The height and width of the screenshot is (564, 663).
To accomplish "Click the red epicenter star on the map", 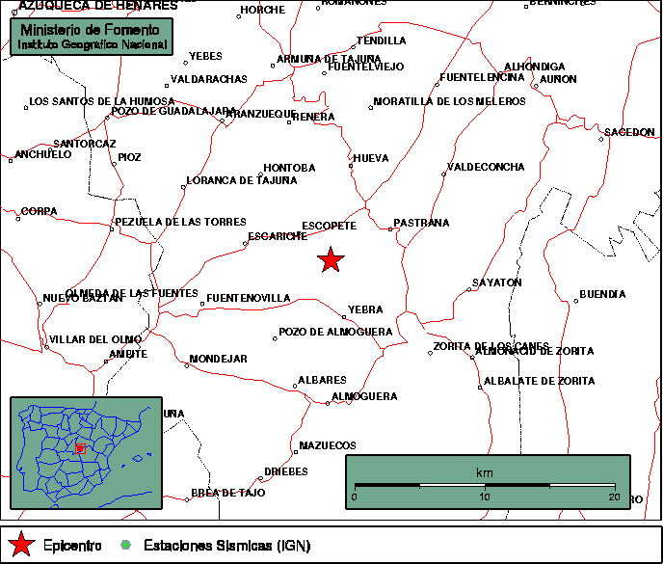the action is (x=331, y=259).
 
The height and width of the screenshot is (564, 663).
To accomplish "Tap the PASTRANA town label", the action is (x=422, y=223).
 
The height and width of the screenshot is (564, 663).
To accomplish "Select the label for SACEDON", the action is (x=629, y=132).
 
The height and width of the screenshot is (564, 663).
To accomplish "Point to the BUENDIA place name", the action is (x=602, y=294).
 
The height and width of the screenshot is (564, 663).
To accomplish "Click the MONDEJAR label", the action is (x=219, y=359).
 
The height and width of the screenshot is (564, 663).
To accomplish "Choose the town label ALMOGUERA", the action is (x=364, y=396).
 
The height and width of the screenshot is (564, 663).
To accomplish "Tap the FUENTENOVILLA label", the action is (x=249, y=298).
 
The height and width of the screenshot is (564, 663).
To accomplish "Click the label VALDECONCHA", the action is (x=487, y=167).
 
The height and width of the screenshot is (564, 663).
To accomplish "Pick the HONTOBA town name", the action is (x=289, y=168).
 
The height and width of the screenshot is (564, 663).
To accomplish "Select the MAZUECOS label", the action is (x=328, y=445).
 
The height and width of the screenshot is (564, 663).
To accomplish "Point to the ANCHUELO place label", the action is (x=43, y=153).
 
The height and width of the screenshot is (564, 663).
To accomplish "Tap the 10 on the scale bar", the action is (x=485, y=497).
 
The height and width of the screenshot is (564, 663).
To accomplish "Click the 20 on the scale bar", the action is (x=614, y=497).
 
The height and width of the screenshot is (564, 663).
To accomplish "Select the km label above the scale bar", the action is (x=484, y=472).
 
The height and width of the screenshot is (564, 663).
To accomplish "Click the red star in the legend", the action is (x=21, y=546).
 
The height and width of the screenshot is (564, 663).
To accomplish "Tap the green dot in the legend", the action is (x=126, y=546).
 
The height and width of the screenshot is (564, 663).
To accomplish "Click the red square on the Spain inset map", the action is (x=81, y=448).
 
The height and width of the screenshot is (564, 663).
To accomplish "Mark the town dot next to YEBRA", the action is (x=344, y=315).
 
